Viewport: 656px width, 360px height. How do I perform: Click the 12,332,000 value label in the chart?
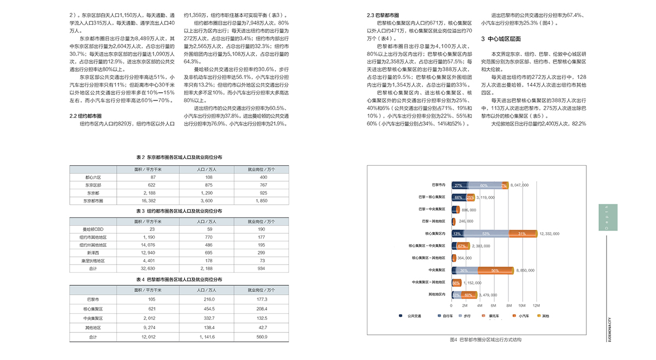click(x=549, y=234)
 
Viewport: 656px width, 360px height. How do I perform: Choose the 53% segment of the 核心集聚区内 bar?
click(x=486, y=234)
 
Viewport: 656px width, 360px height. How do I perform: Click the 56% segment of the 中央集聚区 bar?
click(x=495, y=271)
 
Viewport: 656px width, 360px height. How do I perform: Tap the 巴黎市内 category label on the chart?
click(x=438, y=185)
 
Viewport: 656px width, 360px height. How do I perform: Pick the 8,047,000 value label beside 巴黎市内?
click(x=519, y=185)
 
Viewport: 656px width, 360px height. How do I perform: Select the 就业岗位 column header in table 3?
click(x=261, y=222)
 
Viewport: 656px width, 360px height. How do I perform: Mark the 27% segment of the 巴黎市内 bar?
click(x=459, y=185)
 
